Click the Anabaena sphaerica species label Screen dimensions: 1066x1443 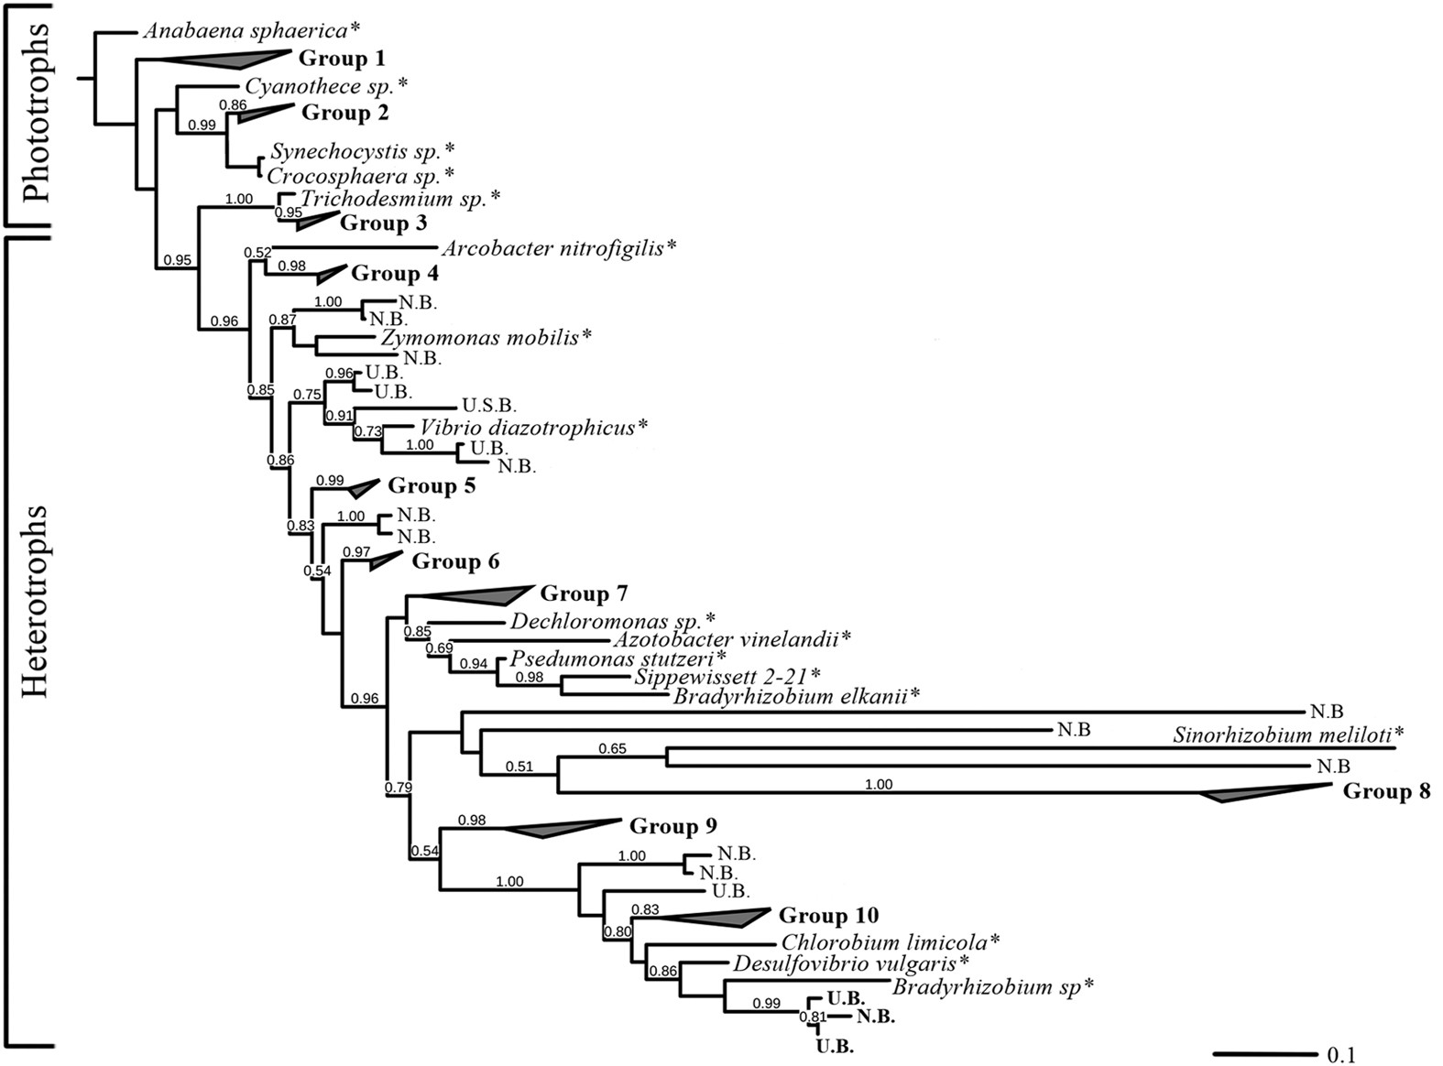[x=249, y=31]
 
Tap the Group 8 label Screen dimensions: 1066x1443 [x=1386, y=791]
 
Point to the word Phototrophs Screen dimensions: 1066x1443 [x=38, y=114]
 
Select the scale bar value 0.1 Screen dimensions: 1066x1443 [x=1341, y=1054]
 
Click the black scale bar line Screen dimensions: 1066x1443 [x=1265, y=1053]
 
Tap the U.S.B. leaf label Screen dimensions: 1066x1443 [x=489, y=405]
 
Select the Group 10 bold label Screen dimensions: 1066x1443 [x=828, y=916]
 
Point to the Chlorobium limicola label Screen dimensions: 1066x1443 [x=890, y=941]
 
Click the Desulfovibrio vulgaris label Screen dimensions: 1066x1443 [x=850, y=963]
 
